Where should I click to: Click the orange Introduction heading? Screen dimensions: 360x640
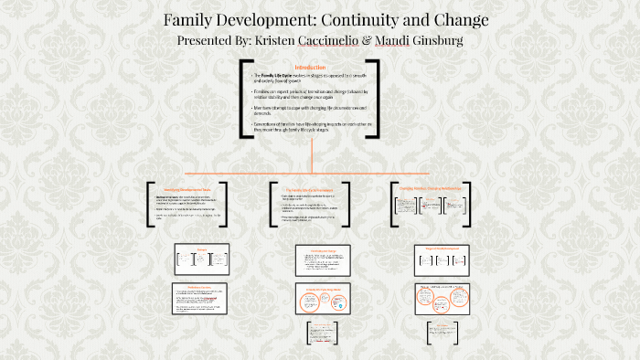point(310,67)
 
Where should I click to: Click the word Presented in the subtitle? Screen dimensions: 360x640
point(209,41)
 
